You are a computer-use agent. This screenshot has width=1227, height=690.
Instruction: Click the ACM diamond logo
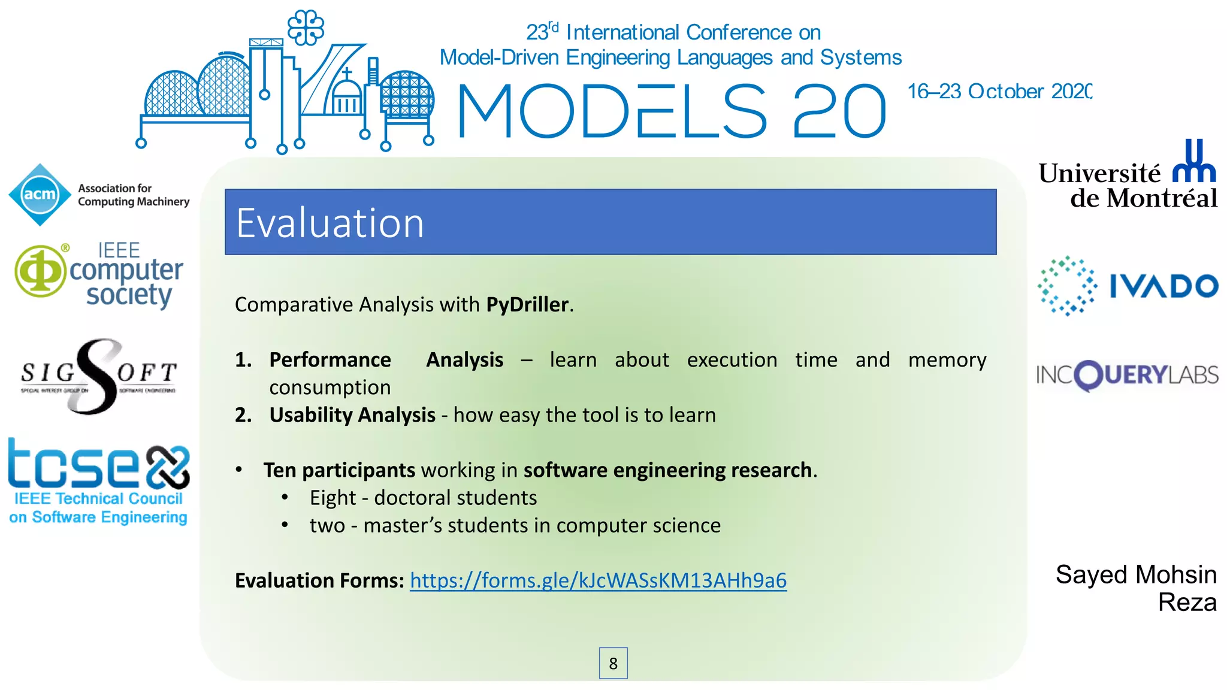coord(40,195)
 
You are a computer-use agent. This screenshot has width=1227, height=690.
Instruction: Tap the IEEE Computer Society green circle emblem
coord(40,271)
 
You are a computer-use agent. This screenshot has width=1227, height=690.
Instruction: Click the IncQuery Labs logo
coord(1127,376)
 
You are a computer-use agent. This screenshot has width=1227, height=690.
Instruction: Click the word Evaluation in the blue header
coord(330,223)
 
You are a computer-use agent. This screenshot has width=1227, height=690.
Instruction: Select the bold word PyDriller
coord(527,304)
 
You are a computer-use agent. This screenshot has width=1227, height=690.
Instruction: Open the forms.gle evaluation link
coord(598,580)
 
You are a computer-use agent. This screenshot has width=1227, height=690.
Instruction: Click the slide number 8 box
coord(613,663)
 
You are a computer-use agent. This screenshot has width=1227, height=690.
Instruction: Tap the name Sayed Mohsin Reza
coord(1136,588)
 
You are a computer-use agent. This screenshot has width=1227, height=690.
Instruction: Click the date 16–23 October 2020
coord(999,92)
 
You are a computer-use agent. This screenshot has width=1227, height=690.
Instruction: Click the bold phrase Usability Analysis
coord(352,414)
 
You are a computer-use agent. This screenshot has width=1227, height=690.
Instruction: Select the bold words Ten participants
coord(339,470)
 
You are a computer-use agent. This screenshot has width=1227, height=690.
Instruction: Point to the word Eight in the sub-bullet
coord(333,498)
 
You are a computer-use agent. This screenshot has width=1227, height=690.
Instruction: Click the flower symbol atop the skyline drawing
coord(306,28)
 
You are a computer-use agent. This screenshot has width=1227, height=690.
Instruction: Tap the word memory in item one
coord(947,360)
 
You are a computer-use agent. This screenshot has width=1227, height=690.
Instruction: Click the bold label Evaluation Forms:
coord(319,580)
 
